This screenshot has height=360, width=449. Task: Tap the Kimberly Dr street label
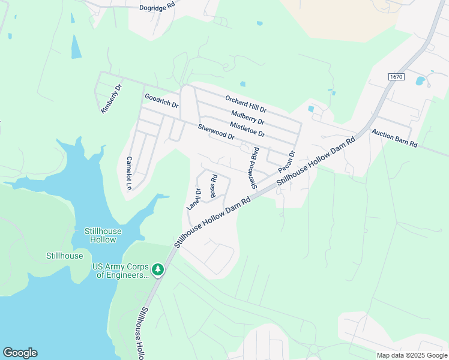(112, 98)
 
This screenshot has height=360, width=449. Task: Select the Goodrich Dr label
(161, 100)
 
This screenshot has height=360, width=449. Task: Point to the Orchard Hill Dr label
(246, 103)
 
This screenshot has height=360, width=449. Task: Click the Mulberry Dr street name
(247, 116)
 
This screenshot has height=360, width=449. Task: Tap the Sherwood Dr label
(216, 132)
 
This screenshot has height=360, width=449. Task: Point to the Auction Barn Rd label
(394, 141)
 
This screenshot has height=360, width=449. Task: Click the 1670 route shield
(396, 77)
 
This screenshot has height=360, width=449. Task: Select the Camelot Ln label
(128, 173)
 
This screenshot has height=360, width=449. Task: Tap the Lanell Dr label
(194, 198)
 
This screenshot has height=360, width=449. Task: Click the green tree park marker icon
(158, 270)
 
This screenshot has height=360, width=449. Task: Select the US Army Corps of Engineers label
(120, 271)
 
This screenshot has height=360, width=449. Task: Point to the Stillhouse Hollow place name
(103, 235)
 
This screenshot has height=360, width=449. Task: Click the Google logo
(20, 353)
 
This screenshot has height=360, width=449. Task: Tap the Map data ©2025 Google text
(412, 355)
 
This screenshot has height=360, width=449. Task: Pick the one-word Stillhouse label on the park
(64, 256)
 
